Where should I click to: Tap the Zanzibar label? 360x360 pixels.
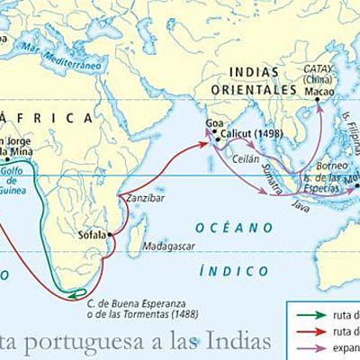click(x=146, y=198)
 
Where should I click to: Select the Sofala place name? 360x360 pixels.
click(x=92, y=236)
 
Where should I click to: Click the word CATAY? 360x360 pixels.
click(x=318, y=67)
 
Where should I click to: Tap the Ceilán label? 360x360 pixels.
click(x=246, y=158)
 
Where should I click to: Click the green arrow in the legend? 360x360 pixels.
click(x=310, y=315)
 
